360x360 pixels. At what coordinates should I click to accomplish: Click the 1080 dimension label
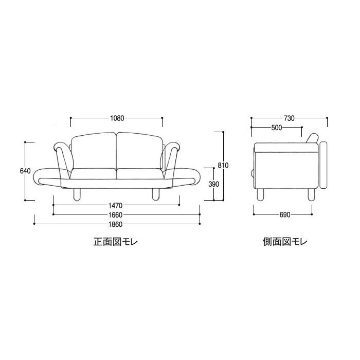(117, 118)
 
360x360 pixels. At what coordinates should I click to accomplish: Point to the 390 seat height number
(205, 184)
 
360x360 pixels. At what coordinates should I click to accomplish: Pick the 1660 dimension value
(116, 214)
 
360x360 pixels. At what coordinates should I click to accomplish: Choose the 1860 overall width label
(116, 224)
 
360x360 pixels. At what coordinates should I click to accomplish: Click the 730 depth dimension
(289, 118)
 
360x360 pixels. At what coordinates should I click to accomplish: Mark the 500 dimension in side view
(276, 128)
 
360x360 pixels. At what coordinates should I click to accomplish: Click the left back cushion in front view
(94, 151)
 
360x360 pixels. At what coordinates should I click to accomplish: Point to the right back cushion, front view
(139, 151)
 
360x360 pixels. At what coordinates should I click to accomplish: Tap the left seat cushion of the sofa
(93, 174)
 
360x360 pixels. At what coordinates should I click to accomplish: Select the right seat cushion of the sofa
(139, 174)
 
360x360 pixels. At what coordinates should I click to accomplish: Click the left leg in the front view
(78, 194)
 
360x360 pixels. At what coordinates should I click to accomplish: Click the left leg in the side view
(261, 194)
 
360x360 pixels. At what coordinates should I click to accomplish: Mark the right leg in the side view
(311, 194)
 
